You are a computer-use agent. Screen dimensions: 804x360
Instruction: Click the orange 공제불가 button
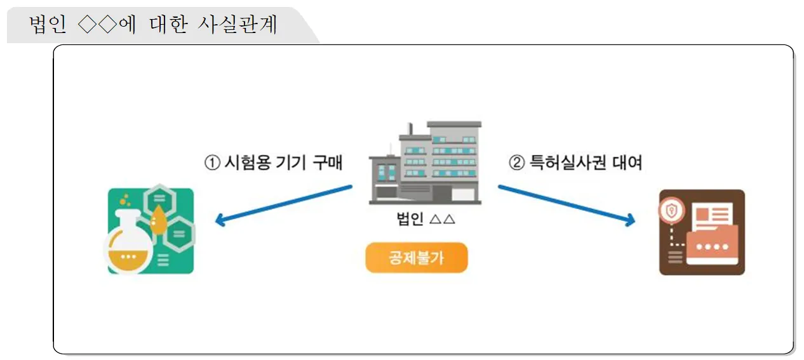tap(416, 258)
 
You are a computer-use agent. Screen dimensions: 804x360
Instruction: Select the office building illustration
tap(425, 163)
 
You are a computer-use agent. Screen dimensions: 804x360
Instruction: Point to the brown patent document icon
tap(702, 232)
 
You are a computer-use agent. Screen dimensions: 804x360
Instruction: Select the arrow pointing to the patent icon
tap(566, 204)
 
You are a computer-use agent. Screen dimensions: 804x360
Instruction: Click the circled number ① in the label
tap(211, 163)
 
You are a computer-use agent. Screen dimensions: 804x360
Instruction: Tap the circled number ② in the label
tap(517, 163)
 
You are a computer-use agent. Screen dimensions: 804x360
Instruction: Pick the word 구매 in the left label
tap(327, 163)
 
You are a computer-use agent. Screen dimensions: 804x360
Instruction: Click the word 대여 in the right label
tap(627, 163)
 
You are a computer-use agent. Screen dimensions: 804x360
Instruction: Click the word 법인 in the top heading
tap(48, 25)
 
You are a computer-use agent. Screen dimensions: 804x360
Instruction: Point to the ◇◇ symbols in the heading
tap(97, 25)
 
